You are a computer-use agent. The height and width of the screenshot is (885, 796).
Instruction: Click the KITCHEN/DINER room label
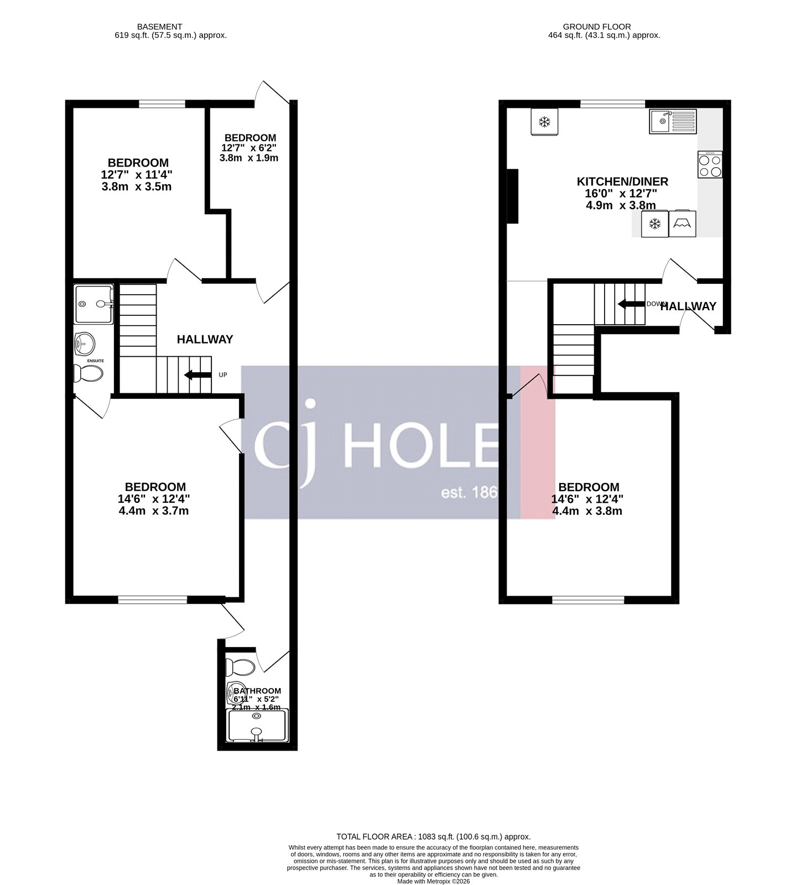[x=622, y=181]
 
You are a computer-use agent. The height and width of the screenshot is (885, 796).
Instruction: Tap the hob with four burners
[x=710, y=165]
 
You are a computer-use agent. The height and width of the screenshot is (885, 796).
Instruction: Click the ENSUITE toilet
[x=89, y=374]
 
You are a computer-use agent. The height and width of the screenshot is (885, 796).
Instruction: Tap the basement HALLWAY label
[x=205, y=340]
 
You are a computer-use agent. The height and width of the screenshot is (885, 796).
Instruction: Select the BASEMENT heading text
[x=159, y=27]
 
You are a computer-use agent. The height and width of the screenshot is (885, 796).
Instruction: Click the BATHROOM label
[x=257, y=691]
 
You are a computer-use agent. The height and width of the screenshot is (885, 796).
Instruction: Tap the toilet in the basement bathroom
[x=241, y=667]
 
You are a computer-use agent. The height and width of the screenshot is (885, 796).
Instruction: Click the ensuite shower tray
[x=93, y=304]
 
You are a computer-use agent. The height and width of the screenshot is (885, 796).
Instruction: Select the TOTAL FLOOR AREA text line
[x=433, y=837]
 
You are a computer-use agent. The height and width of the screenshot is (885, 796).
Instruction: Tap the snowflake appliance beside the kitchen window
[x=544, y=122]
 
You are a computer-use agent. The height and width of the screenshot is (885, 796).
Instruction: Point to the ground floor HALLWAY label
[x=688, y=306]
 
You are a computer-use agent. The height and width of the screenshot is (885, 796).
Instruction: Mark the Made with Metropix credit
[x=433, y=881]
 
